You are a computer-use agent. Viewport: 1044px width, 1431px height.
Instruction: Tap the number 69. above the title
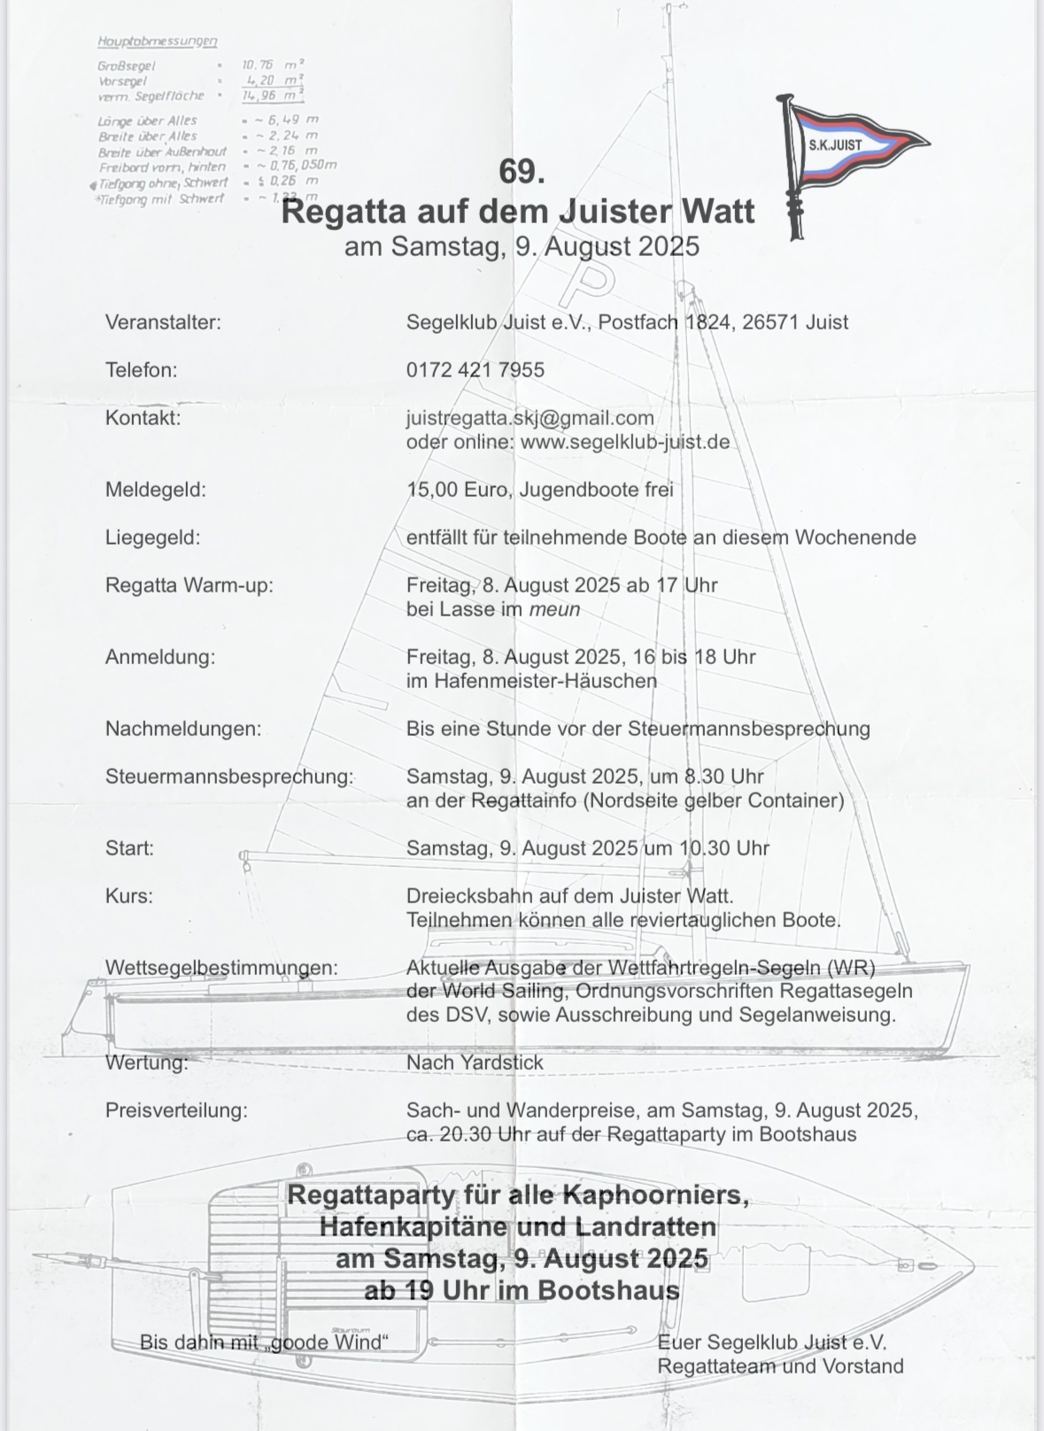522,171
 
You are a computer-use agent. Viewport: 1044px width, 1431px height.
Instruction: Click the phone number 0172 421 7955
476,370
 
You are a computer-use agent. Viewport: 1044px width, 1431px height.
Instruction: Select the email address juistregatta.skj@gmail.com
530,418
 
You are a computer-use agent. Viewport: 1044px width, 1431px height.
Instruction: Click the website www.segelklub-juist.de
625,442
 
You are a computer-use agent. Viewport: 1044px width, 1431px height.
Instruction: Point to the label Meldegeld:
156,490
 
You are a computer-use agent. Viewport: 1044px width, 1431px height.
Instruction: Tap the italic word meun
554,609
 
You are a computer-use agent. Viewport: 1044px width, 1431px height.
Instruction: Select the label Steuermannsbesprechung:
229,777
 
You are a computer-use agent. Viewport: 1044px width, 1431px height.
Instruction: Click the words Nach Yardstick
475,1063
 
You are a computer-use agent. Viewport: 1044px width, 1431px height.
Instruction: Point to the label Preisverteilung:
176,1110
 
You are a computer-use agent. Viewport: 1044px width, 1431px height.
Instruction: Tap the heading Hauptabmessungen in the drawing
158,41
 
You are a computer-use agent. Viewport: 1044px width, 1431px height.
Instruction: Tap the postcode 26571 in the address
770,322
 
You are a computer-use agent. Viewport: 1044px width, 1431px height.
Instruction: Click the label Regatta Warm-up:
189,585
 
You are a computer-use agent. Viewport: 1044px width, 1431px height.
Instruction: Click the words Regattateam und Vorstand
780,1366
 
